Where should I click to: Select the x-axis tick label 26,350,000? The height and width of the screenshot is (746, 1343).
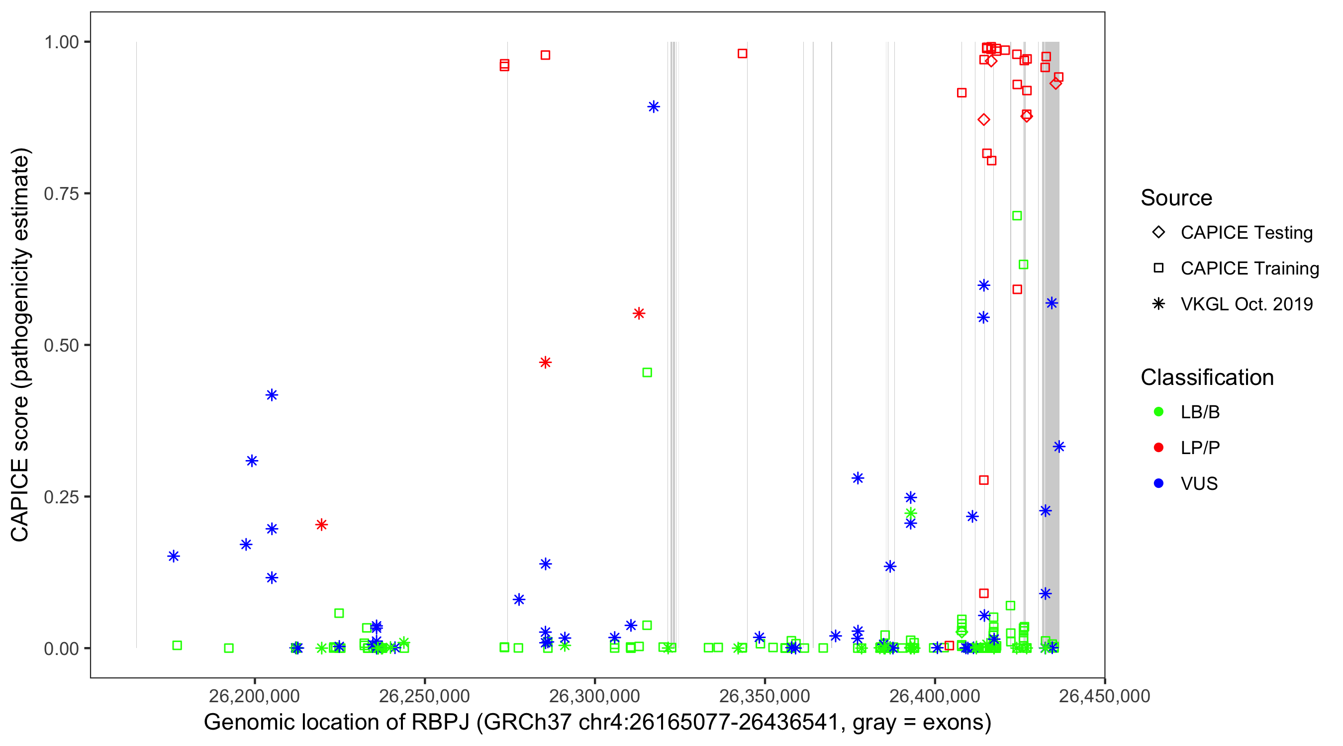pyautogui.click(x=765, y=696)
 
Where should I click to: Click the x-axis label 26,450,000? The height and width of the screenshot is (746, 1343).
pyautogui.click(x=1104, y=696)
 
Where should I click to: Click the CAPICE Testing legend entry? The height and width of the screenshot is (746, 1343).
pyautogui.click(x=1246, y=233)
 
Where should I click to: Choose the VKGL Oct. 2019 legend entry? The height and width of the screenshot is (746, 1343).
pyautogui.click(x=1246, y=304)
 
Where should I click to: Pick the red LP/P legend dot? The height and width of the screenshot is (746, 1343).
pyautogui.click(x=1158, y=448)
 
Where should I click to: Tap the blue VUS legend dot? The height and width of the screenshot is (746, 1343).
pyautogui.click(x=1158, y=483)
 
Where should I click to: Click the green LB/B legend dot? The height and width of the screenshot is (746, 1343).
pyautogui.click(x=1158, y=412)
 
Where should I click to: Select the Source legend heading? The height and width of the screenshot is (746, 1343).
pyautogui.click(x=1176, y=198)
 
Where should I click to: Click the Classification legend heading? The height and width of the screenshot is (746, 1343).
pyautogui.click(x=1207, y=377)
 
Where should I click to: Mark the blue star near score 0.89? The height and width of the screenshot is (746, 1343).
pyautogui.click(x=653, y=107)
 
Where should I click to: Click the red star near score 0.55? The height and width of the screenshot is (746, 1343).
pyautogui.click(x=639, y=313)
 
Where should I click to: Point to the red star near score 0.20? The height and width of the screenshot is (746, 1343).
pyautogui.click(x=321, y=525)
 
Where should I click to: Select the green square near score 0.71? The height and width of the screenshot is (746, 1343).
pyautogui.click(x=1017, y=216)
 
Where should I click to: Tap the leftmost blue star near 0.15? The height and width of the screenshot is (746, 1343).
pyautogui.click(x=174, y=556)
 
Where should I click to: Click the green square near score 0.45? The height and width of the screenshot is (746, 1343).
pyautogui.click(x=647, y=373)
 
